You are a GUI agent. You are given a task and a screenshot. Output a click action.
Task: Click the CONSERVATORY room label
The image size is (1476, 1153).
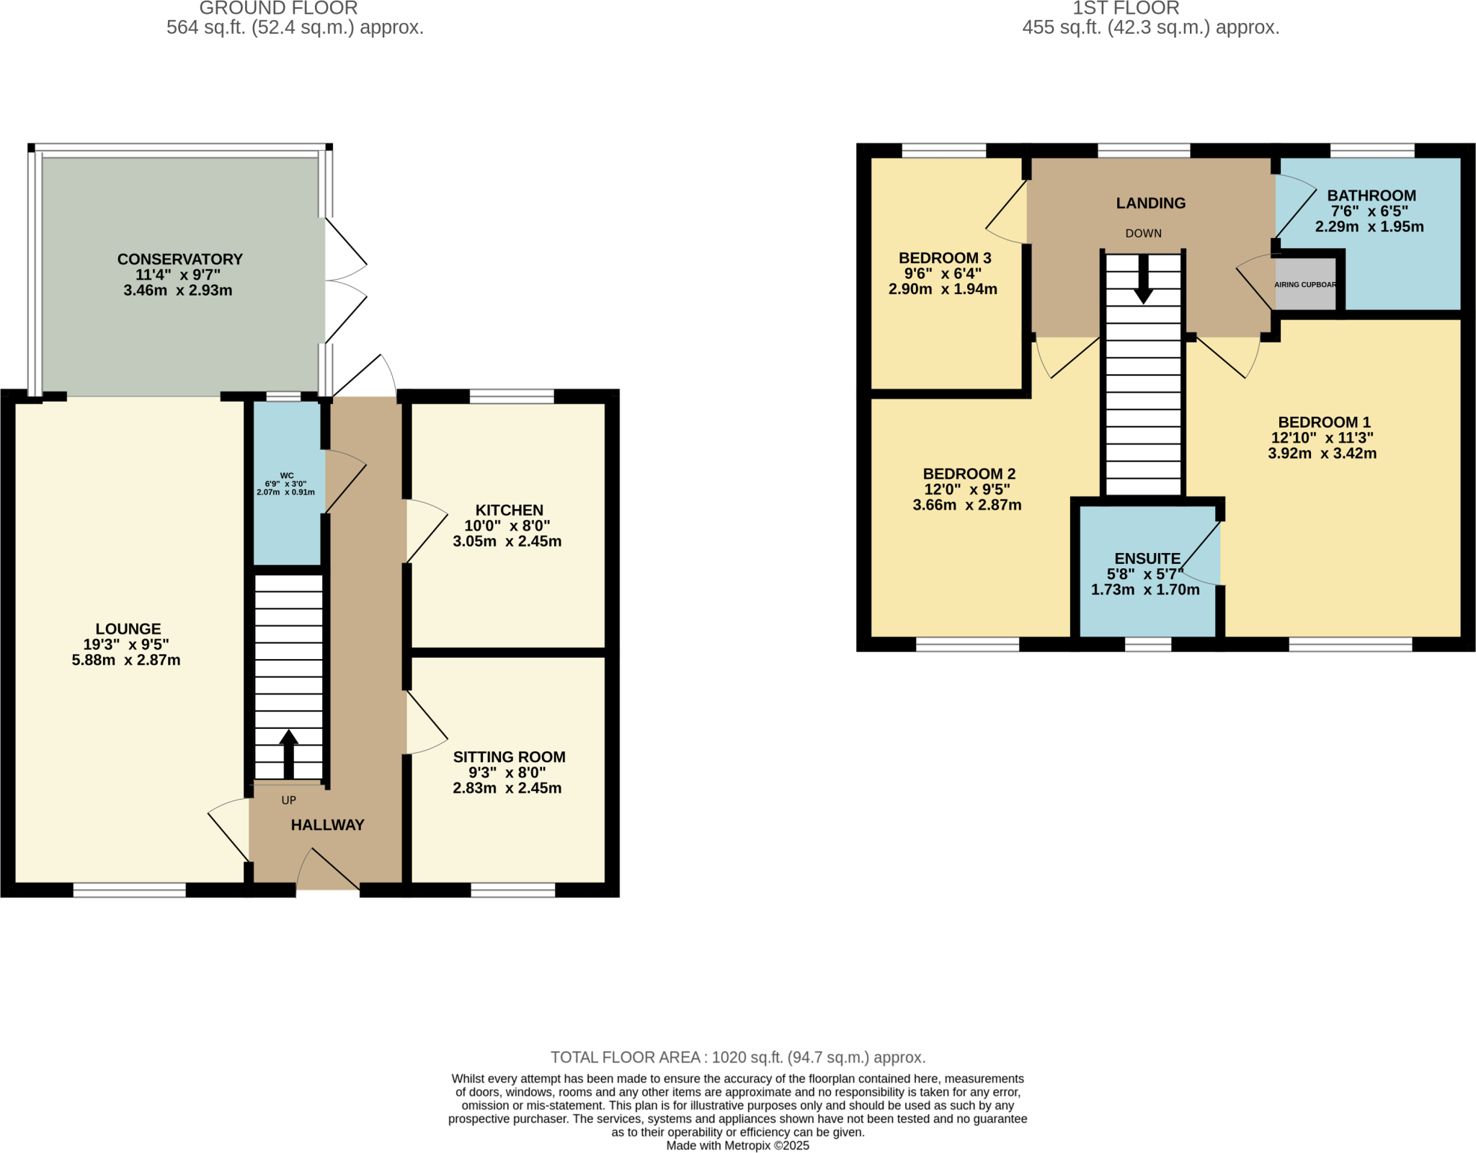[179, 259]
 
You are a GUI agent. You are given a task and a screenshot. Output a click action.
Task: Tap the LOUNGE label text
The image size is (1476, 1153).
[128, 629]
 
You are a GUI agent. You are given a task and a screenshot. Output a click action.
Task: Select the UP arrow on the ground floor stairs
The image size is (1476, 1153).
[288, 754]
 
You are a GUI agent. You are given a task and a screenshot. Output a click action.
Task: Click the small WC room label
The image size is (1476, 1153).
[286, 476]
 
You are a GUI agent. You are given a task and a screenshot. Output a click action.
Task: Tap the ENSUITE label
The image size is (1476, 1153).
[1147, 559]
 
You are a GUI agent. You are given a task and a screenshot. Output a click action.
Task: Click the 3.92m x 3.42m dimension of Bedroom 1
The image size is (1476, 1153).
[1322, 454]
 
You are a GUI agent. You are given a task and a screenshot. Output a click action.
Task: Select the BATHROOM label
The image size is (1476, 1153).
[1371, 195]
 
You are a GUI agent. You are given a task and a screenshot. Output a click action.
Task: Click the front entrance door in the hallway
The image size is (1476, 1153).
[328, 871]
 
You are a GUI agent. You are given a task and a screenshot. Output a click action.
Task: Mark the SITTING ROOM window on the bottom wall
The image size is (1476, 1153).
[512, 891]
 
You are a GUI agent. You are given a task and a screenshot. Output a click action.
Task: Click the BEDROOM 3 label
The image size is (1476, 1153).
[944, 258]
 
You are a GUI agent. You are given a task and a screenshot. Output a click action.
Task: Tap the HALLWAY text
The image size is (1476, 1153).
[327, 825]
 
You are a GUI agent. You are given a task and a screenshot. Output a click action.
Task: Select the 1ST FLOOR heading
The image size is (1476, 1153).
[1126, 9]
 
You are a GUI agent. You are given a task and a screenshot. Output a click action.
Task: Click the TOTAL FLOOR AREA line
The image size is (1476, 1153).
[737, 1057]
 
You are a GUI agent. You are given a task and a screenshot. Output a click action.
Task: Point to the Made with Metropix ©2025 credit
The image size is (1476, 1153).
[737, 1145]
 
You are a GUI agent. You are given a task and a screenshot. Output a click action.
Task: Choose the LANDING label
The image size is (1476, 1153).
[1150, 203]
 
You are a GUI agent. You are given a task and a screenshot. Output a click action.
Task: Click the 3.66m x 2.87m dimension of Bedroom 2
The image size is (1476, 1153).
[966, 505]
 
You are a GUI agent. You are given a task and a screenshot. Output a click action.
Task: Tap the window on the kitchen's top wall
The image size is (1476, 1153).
[512, 396]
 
